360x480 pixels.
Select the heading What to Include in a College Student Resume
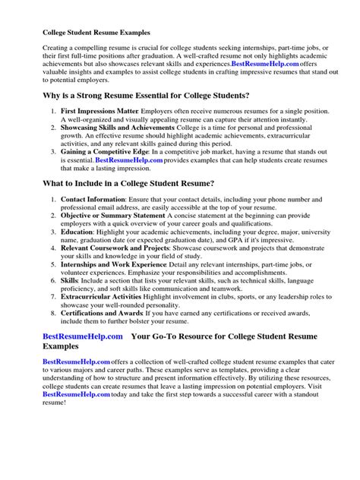tap(128, 204)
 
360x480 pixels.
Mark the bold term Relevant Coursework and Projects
tap(115, 281)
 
